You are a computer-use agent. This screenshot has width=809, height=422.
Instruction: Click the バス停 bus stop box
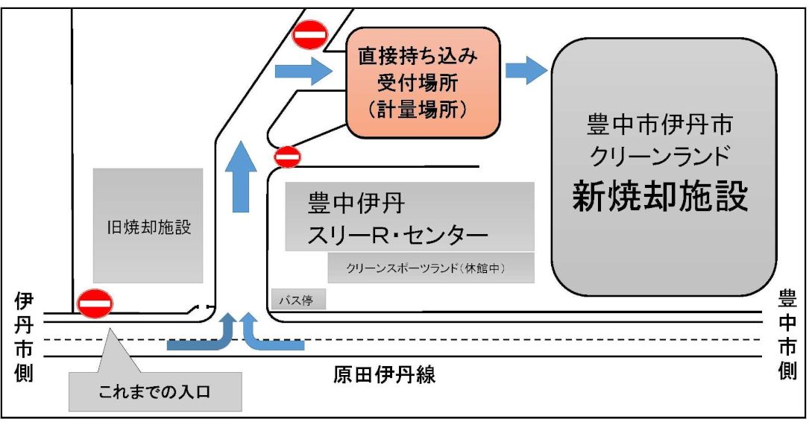tap(299, 299)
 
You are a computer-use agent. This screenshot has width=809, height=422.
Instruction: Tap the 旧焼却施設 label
tap(148, 227)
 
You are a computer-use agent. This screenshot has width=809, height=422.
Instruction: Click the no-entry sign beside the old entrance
tap(95, 304)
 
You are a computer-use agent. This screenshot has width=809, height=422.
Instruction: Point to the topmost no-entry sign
tap(310, 34)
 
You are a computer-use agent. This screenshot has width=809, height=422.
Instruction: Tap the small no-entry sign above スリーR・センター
tap(287, 156)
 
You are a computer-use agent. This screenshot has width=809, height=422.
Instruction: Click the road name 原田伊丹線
tap(384, 374)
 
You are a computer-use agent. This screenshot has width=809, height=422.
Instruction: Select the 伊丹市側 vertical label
tap(24, 338)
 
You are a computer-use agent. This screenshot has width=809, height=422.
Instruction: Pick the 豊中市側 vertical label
tap(787, 334)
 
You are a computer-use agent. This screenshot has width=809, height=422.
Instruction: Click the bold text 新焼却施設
tap(661, 195)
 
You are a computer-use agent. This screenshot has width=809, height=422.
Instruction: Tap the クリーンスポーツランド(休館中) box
tap(431, 268)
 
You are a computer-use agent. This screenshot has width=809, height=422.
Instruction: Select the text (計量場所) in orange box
tap(418, 110)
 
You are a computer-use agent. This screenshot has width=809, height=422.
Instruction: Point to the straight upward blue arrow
tap(241, 176)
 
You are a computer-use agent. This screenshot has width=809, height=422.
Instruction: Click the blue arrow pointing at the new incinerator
tap(526, 70)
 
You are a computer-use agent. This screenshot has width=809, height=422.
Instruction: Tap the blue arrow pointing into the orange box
tap(303, 71)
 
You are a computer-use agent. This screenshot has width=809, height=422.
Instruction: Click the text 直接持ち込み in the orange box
tap(418, 56)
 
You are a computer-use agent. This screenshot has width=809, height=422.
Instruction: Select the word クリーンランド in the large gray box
tap(661, 155)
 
